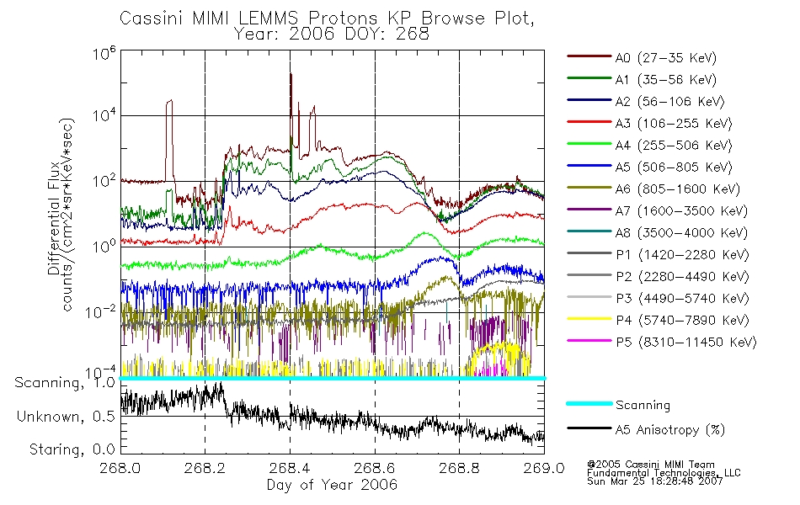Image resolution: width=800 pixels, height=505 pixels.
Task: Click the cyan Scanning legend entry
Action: [x=643, y=405]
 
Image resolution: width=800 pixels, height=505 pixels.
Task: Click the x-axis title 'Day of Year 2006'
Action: [x=332, y=485]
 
